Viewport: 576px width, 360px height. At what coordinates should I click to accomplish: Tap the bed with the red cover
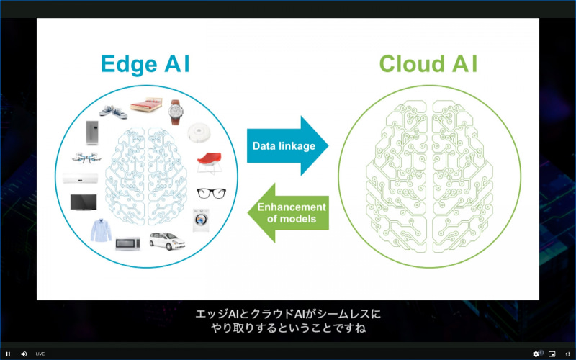coord(145,107)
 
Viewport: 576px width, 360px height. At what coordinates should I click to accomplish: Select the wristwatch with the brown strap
coord(175,112)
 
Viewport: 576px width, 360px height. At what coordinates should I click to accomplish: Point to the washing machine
coord(199,220)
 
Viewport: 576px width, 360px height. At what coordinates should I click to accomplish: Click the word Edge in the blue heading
coord(127,63)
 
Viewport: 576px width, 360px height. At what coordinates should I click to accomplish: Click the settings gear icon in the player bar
coord(536,354)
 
